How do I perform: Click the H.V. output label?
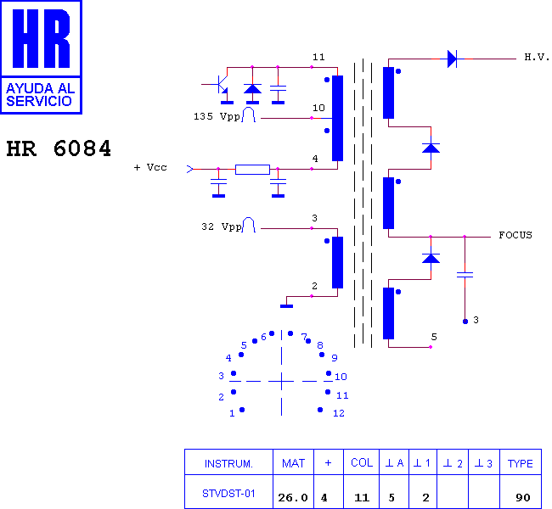tap(537, 57)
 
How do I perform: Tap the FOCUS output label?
tap(515, 235)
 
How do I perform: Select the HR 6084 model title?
tap(59, 148)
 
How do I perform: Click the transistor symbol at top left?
tap(220, 85)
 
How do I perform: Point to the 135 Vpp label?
tap(217, 116)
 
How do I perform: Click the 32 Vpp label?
tap(222, 227)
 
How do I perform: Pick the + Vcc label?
tap(150, 167)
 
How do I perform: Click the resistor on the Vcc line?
tap(252, 170)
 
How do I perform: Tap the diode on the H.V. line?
tap(452, 59)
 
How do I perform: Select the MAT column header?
tap(293, 463)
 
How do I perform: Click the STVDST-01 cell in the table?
tap(228, 494)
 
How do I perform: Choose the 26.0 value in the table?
tap(293, 498)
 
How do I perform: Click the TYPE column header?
tap(520, 464)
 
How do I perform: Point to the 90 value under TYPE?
tap(523, 498)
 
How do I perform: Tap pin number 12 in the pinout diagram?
tap(339, 413)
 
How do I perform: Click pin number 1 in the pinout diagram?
tap(232, 413)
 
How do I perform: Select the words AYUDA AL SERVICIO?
tap(40, 95)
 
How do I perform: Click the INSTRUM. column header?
tap(228, 464)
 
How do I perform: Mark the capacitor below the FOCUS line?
tap(465, 274)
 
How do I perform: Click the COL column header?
tap(362, 462)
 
